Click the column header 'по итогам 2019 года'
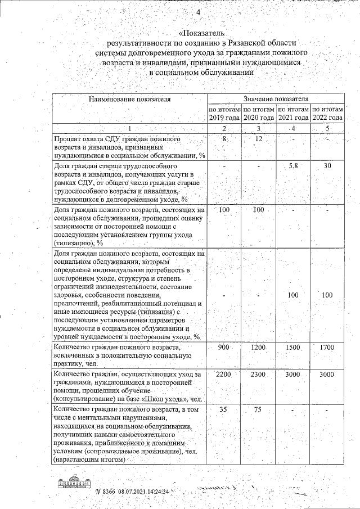click(225, 113)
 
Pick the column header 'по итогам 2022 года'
click(327, 113)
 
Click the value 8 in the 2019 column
click(224, 139)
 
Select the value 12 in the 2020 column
click(259, 139)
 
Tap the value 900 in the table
click(224, 348)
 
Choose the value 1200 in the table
click(259, 348)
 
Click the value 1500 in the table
click(293, 348)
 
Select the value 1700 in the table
click(327, 348)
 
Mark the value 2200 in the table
click(224, 375)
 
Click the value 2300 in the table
click(259, 375)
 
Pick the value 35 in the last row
click(224, 410)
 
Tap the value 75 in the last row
click(259, 410)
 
